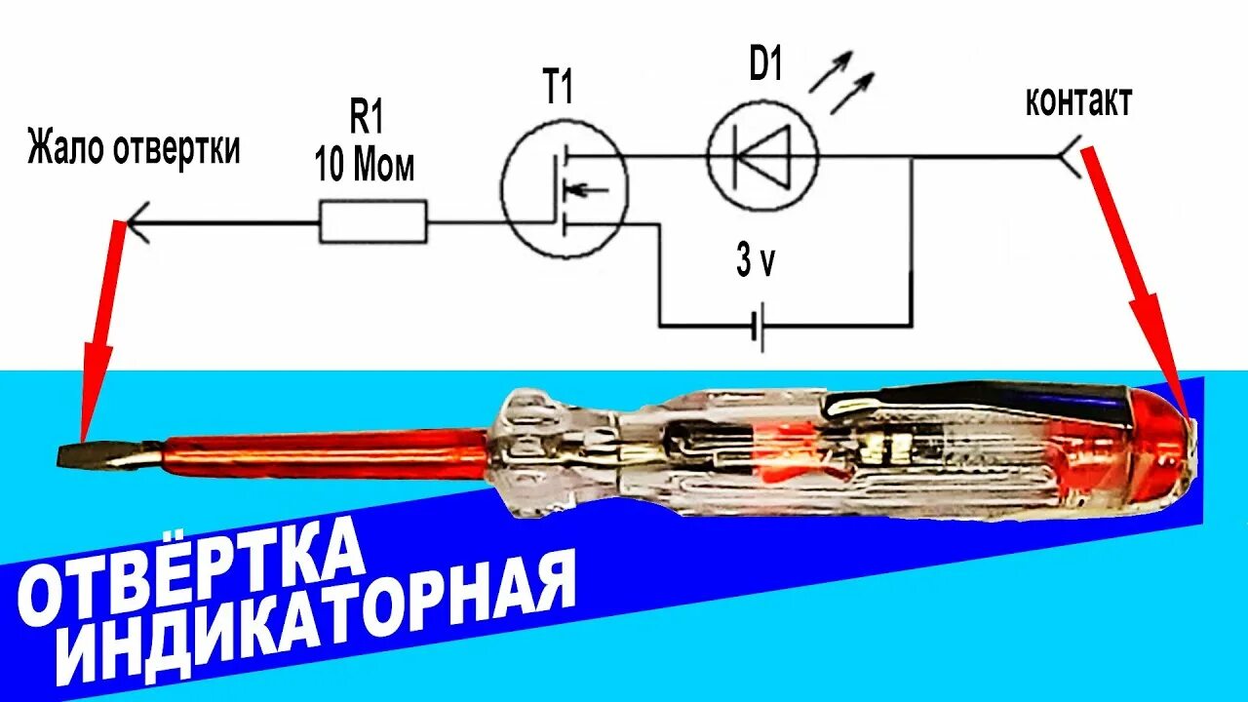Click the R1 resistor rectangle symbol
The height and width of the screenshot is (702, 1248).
tap(373, 221)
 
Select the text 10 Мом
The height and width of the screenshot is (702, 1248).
tap(365, 166)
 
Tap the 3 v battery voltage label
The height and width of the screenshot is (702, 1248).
tap(756, 261)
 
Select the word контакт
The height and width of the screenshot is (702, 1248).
tap(1078, 101)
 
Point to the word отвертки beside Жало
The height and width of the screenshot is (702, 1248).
tap(176, 150)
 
